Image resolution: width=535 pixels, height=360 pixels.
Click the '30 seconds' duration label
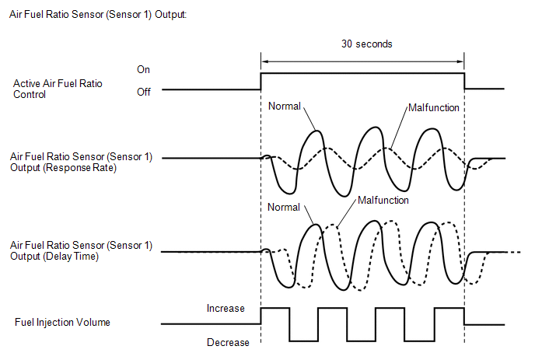[367, 44]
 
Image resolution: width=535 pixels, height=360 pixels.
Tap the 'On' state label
[143, 70]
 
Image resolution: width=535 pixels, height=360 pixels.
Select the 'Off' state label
[144, 92]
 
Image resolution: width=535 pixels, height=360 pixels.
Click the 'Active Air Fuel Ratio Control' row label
[58, 89]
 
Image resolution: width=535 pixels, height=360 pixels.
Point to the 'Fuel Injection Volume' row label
[62, 322]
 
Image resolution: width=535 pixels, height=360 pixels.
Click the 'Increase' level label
[226, 309]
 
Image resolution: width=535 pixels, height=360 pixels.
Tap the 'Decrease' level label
[228, 342]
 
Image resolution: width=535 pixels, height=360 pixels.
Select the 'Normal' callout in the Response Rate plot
[285, 106]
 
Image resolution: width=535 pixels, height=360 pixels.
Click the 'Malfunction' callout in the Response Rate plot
[434, 108]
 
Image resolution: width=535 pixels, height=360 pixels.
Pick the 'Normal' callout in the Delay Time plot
[284, 207]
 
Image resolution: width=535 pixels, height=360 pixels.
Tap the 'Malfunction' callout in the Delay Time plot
[383, 201]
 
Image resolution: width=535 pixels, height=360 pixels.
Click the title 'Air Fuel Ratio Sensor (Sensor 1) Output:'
[98, 15]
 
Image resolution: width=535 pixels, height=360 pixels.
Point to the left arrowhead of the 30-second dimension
[264, 61]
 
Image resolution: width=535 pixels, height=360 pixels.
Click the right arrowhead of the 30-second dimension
[461, 61]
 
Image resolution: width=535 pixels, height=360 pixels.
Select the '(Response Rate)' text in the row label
[80, 168]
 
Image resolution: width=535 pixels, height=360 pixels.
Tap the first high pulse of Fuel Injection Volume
[275, 308]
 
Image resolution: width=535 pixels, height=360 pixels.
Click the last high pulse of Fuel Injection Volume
[449, 308]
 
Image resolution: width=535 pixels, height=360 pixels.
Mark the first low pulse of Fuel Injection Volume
[304, 341]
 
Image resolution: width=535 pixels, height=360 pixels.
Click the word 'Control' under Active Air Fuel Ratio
[30, 95]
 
